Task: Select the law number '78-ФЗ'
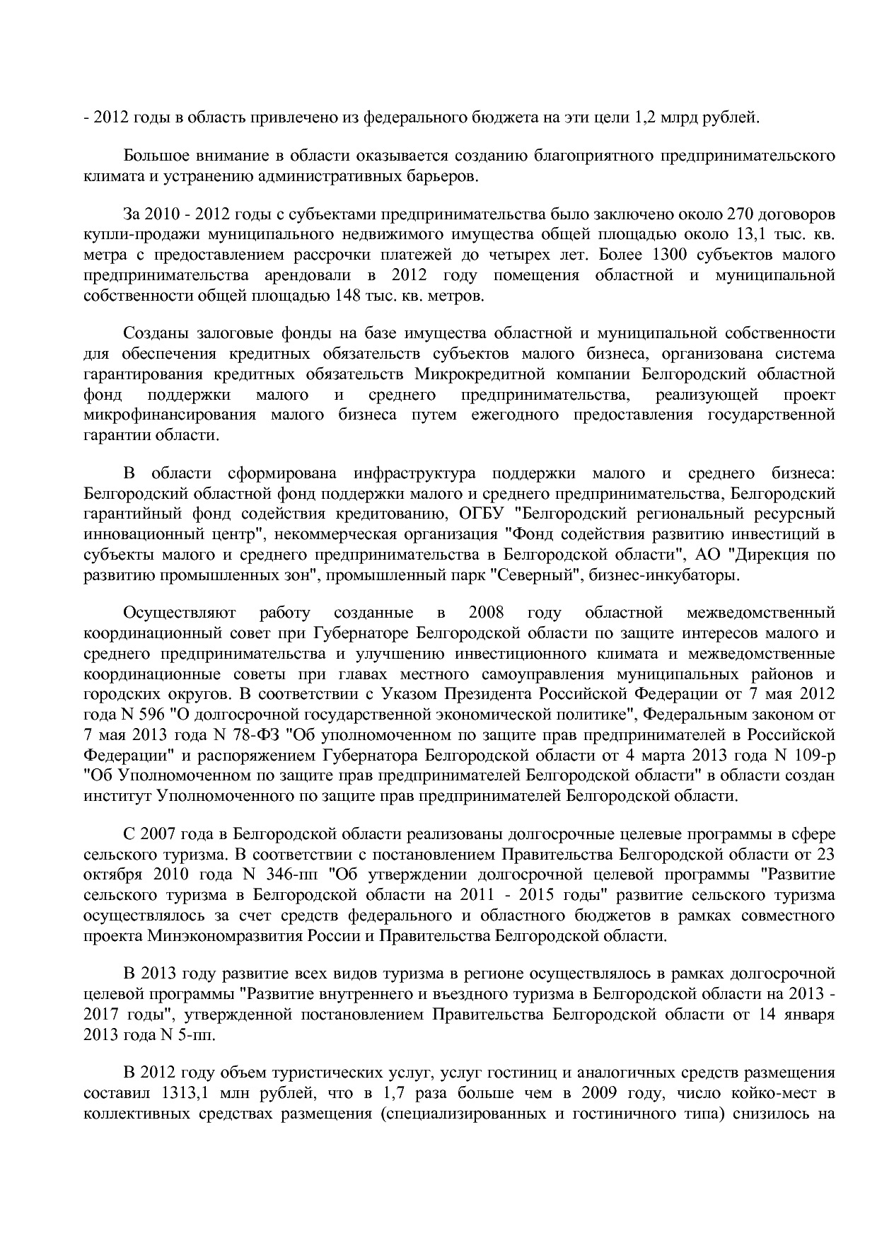265,734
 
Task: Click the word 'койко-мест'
775,1093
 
